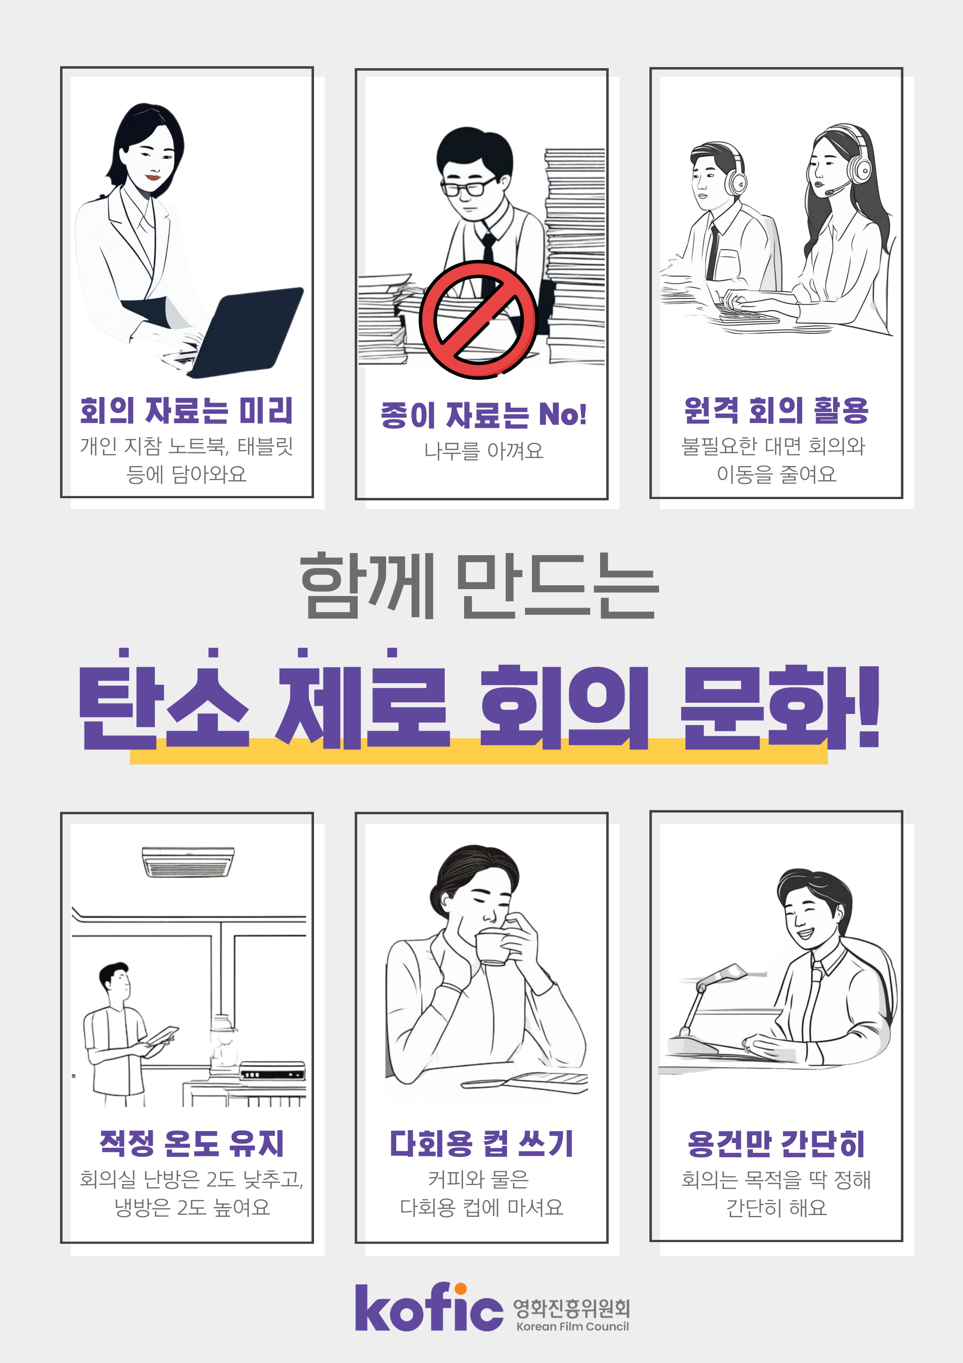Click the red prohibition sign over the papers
coord(478,319)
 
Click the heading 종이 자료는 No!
coord(483,414)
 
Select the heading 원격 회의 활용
coord(776,410)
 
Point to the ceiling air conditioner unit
coord(188,861)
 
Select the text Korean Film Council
coord(572,1326)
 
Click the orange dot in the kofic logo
coord(460,1289)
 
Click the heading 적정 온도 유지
coord(191,1143)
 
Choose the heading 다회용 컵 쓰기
coord(481,1143)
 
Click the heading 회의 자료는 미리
coord(187,410)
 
